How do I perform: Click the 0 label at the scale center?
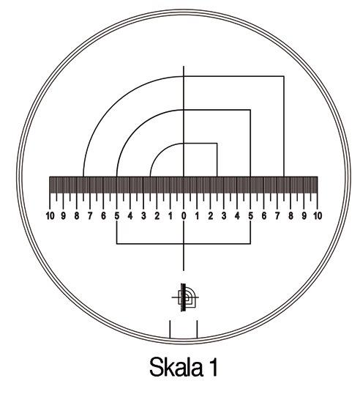coord(184,216)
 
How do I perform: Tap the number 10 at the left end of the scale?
coord(49,216)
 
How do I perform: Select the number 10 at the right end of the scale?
coord(318,216)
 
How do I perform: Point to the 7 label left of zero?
coord(90,216)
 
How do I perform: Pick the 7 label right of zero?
coord(277,216)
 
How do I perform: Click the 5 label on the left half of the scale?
coord(117,216)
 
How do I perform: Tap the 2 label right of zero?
coord(211,216)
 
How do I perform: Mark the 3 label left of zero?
coord(143,216)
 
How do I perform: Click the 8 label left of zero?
coord(77,216)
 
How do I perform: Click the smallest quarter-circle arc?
coord(159,152)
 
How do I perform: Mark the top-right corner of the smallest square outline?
coord(217,144)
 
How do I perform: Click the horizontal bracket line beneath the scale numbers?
coord(184,244)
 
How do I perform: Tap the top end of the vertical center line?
coord(184,67)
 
